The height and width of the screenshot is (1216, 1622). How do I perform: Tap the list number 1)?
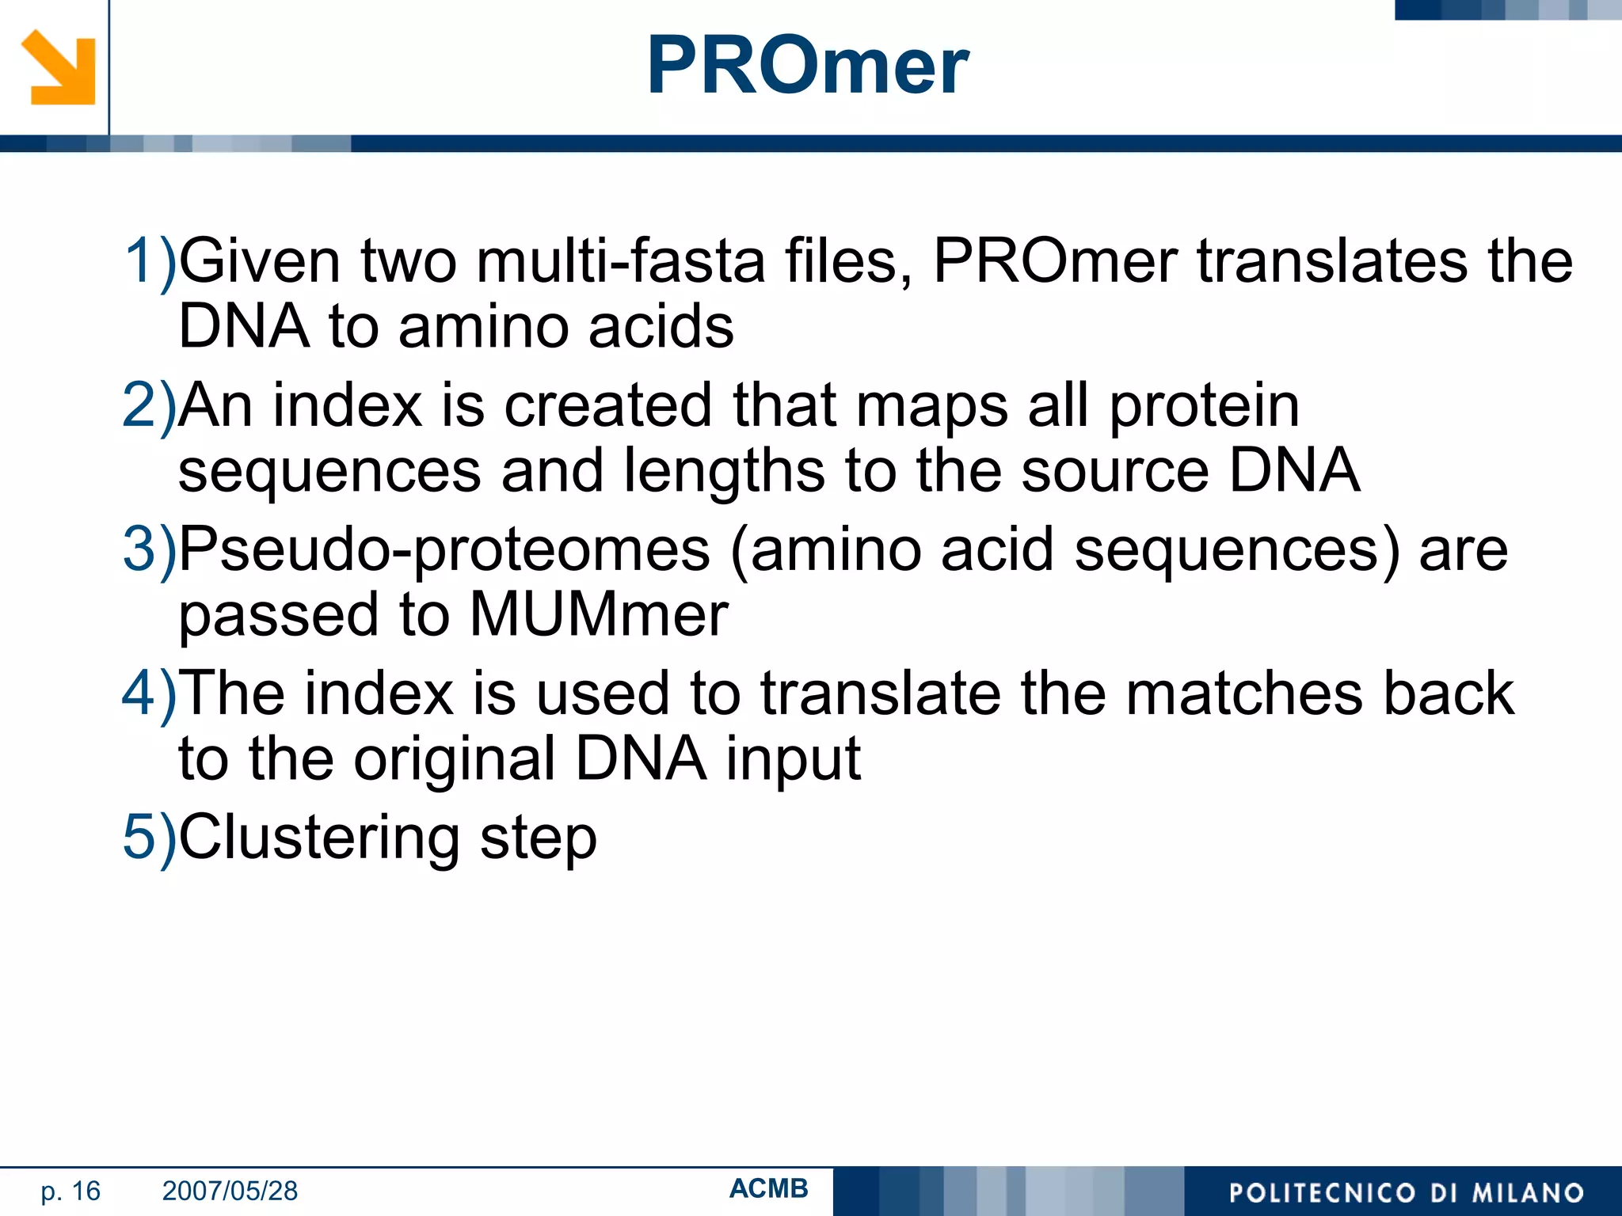click(149, 260)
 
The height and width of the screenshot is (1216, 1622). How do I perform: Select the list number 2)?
click(149, 405)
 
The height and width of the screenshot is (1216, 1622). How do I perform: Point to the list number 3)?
click(149, 549)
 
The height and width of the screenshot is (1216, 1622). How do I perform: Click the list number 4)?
click(149, 693)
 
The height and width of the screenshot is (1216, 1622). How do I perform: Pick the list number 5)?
click(149, 837)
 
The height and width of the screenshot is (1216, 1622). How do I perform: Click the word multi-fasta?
click(620, 260)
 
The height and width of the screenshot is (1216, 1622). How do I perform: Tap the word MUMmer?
click(599, 614)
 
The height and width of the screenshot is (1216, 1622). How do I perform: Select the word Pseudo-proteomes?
click(444, 549)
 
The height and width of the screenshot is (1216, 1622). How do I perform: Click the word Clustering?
click(319, 838)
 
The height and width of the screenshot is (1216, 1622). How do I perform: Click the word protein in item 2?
click(1204, 405)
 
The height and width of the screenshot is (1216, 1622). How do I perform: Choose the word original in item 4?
click(454, 758)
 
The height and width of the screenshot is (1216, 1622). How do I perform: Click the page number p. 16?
click(70, 1191)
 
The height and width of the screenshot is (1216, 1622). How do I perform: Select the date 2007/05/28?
click(230, 1191)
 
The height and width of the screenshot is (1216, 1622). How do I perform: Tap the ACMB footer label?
click(768, 1188)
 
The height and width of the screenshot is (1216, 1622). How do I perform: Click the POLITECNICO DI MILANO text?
click(1406, 1192)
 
